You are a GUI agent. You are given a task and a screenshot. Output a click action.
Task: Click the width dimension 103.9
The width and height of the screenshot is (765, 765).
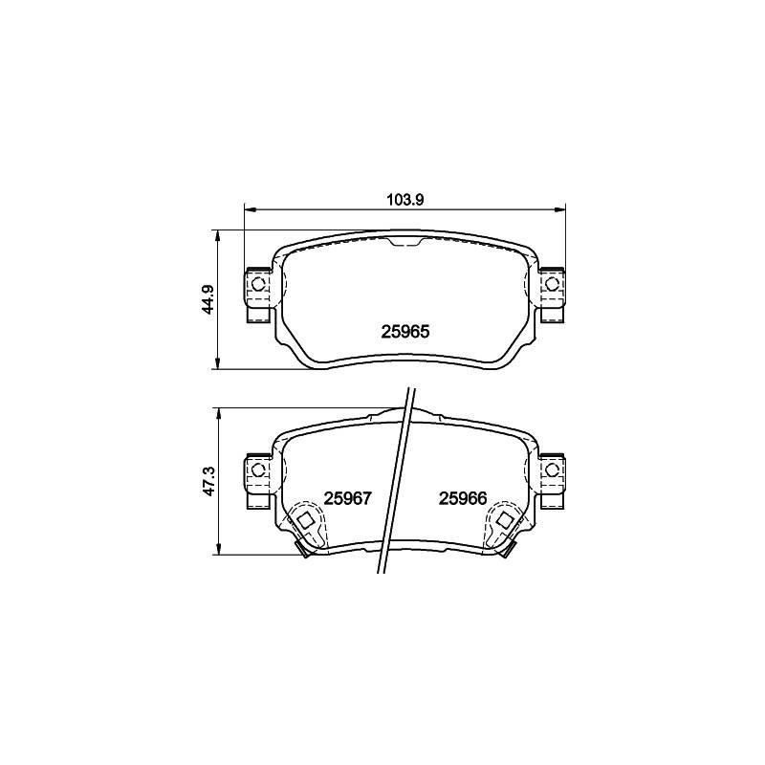[404, 200]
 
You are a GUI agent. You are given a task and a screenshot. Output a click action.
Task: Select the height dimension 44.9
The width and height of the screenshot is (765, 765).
[208, 299]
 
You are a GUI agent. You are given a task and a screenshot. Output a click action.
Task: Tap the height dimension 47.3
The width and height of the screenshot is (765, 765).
[208, 482]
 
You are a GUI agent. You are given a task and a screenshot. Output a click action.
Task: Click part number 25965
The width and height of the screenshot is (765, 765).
[404, 332]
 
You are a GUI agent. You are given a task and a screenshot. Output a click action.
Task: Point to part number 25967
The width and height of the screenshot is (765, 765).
[348, 498]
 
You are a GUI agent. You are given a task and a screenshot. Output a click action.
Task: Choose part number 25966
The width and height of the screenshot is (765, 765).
[463, 498]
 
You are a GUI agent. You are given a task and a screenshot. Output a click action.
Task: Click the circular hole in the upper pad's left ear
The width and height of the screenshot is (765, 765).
[257, 283]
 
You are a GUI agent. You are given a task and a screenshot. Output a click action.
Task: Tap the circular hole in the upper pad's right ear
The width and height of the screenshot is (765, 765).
[552, 283]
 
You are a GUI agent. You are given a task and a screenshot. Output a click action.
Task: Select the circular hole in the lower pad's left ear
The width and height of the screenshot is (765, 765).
[257, 470]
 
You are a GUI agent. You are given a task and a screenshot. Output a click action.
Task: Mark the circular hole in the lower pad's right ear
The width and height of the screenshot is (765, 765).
[552, 470]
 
